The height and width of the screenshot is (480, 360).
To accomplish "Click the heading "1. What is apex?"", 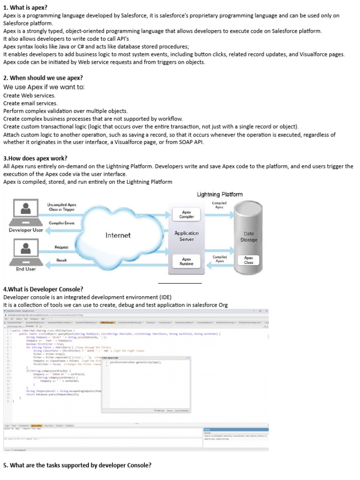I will (x=25, y=7).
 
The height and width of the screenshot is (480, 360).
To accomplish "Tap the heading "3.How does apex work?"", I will (x=35, y=158).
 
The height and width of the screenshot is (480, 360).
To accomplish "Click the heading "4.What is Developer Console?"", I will (x=43, y=289).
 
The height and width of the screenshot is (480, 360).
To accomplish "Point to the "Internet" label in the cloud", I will (x=118, y=235).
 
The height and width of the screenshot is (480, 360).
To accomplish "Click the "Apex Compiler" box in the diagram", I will (x=187, y=215).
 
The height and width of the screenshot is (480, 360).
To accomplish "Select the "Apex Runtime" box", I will (x=187, y=261).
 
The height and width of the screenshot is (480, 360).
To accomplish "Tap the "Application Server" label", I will (x=187, y=236).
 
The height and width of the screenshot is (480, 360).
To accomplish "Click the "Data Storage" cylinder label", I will (x=248, y=236).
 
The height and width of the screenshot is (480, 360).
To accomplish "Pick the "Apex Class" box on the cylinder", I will (x=248, y=260).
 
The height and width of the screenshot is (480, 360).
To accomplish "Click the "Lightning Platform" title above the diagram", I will (x=220, y=195).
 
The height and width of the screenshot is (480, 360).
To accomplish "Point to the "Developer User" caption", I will (x=26, y=230).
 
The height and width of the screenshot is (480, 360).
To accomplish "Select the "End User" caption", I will (x=26, y=269).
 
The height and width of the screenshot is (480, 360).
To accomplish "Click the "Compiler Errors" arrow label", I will (x=61, y=223).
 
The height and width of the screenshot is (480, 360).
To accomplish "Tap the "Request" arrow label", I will (x=61, y=247).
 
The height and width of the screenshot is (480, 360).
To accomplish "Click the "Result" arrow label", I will (x=61, y=260).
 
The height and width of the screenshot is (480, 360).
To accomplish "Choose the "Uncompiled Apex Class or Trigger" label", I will (x=61, y=207).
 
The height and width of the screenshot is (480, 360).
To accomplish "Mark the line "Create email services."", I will (x=30, y=103).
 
